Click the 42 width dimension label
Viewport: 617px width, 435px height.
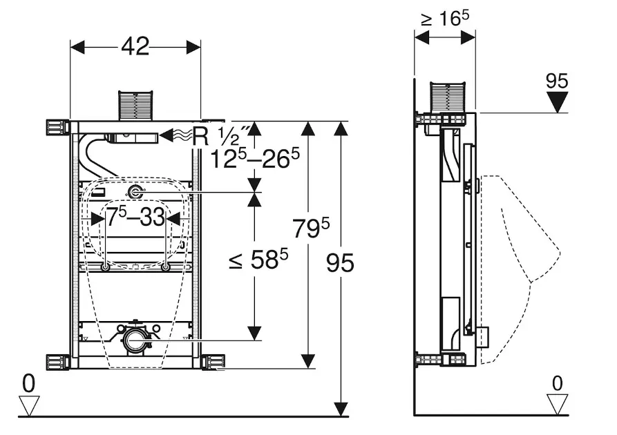[135, 46]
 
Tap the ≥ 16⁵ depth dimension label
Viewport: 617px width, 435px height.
[444, 19]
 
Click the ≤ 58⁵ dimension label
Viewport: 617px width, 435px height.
[258, 260]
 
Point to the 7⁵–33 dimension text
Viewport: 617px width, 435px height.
[135, 218]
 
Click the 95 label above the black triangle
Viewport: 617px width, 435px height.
[556, 81]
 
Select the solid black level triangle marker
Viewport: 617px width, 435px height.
[556, 101]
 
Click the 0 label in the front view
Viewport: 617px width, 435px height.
[28, 382]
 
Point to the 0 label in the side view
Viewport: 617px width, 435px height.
[557, 382]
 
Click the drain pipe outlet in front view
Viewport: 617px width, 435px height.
[135, 340]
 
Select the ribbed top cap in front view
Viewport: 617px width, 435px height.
[135, 103]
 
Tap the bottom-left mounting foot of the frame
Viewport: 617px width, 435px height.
[57, 362]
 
